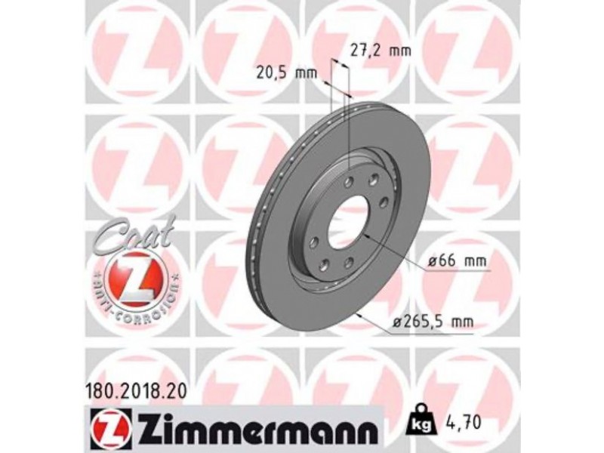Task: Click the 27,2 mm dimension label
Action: point(381,50)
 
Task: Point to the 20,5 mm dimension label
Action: point(287,72)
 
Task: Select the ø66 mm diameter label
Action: point(457,261)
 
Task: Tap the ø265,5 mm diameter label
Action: point(433,320)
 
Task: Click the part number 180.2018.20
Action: point(135,392)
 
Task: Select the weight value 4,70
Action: point(464,422)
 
